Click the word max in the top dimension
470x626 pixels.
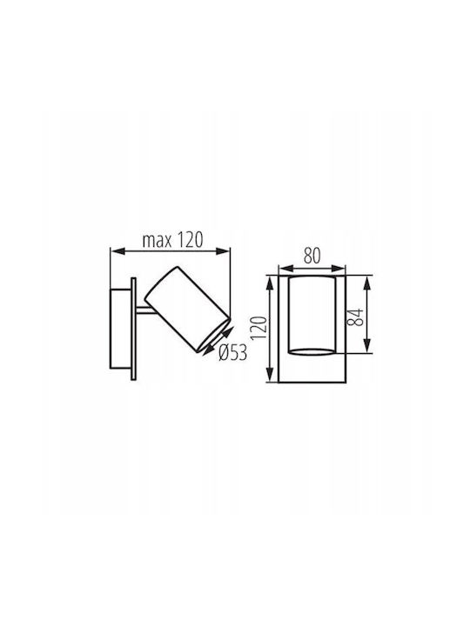tap(158, 241)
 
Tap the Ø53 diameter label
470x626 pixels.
tap(233, 352)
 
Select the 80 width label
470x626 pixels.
tap(312, 256)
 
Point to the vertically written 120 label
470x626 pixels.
tap(259, 328)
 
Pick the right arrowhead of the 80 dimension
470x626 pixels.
tap(338, 269)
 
